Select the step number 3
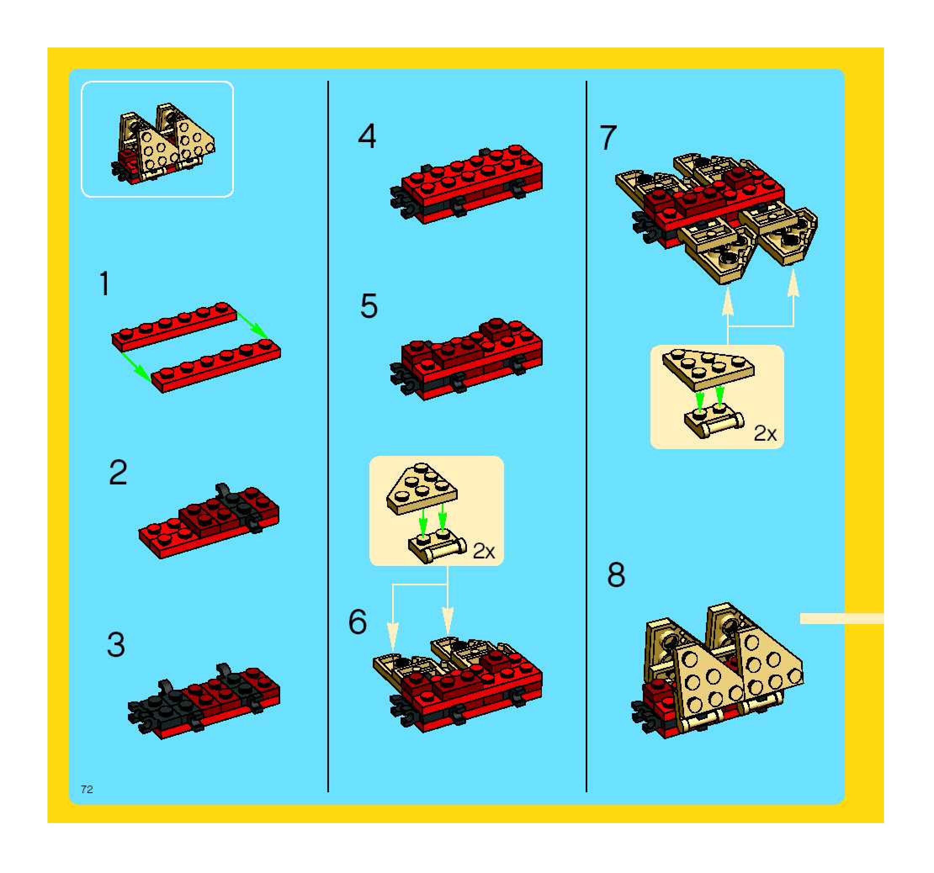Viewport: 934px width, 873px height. [x=116, y=645]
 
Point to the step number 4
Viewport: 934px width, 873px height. [x=367, y=136]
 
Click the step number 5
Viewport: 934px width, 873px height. [x=369, y=306]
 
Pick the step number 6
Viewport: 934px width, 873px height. [x=358, y=622]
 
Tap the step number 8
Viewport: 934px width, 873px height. [x=616, y=575]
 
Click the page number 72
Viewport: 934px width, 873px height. [x=87, y=789]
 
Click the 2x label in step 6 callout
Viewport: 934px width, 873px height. [x=484, y=550]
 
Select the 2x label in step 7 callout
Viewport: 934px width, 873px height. [x=765, y=433]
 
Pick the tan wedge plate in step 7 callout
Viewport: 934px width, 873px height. [x=708, y=370]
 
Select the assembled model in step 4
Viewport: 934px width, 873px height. [x=467, y=184]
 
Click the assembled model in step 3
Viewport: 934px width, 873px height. [x=204, y=701]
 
